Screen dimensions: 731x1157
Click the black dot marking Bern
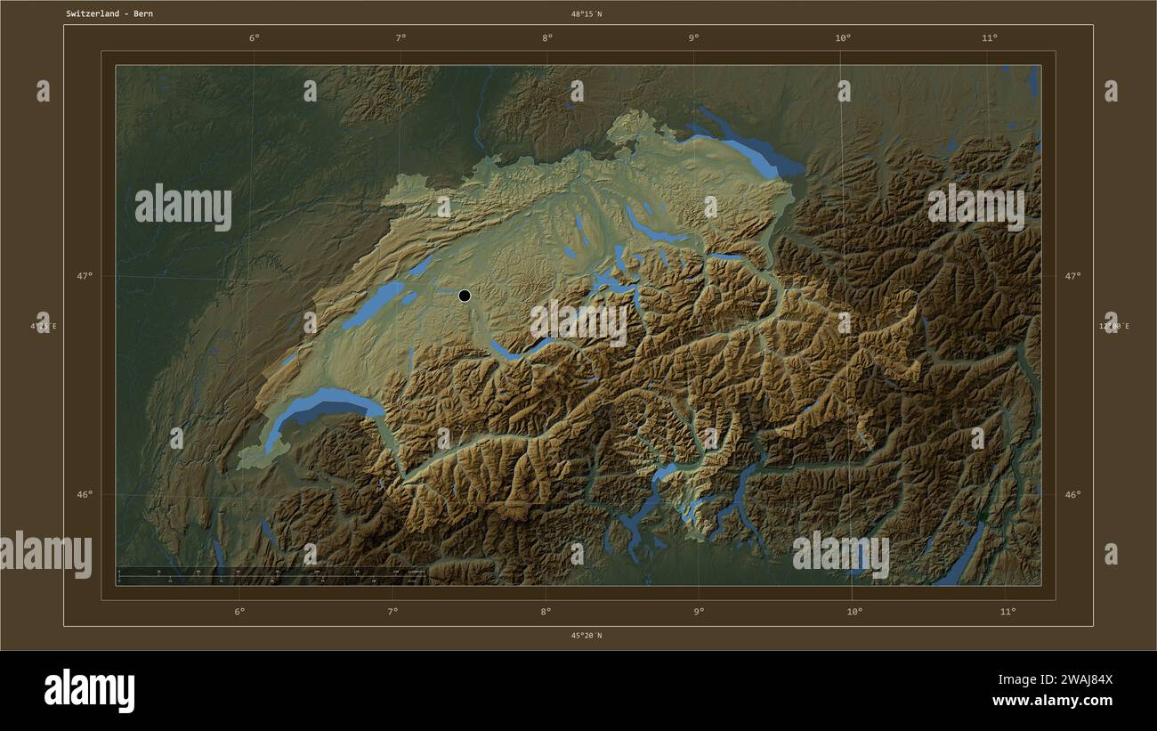[464, 296]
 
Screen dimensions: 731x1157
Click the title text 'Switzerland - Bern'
[109, 14]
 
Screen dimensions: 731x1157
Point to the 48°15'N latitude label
[587, 14]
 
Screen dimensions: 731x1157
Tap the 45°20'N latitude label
[587, 636]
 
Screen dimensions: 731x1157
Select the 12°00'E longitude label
[1113, 327]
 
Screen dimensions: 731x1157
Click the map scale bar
[271, 576]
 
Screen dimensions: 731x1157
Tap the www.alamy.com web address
[1053, 701]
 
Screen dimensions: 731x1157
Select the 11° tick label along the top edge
[989, 37]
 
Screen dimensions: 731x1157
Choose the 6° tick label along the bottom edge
[239, 612]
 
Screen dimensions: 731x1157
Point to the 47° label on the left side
[84, 276]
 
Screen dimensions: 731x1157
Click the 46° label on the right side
[1072, 495]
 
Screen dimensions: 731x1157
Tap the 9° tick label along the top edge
[693, 37]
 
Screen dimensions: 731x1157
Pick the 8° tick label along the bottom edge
[546, 612]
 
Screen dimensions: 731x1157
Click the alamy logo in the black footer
[89, 691]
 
